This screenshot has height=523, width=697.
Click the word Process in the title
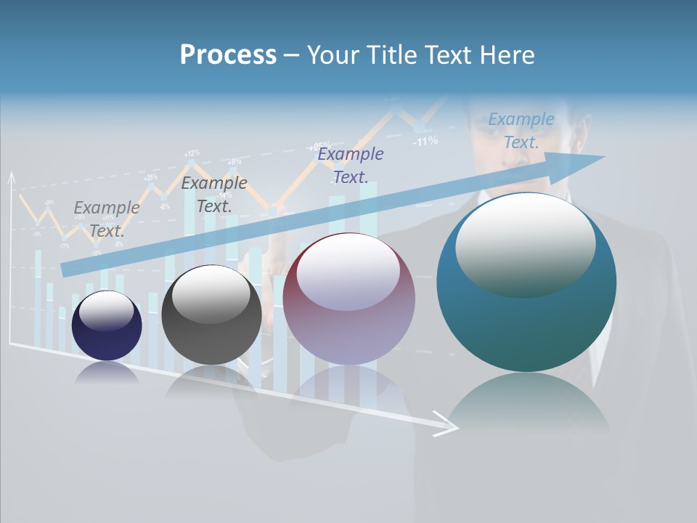click(228, 55)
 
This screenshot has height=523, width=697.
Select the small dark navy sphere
click(107, 325)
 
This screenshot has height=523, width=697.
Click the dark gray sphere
click(211, 315)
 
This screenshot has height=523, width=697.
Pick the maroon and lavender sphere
click(348, 299)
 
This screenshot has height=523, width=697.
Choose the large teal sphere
click(526, 282)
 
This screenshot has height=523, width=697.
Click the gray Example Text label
click(107, 219)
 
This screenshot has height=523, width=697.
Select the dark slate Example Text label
click(213, 194)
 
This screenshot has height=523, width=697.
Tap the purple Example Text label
click(350, 165)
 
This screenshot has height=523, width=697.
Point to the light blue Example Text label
click(521, 130)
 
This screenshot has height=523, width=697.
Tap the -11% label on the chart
click(425, 141)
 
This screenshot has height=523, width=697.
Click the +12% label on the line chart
click(192, 153)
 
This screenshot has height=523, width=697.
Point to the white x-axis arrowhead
click(446, 425)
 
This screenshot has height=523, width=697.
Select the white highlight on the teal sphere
click(525, 243)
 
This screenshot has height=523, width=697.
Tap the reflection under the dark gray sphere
click(211, 379)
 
